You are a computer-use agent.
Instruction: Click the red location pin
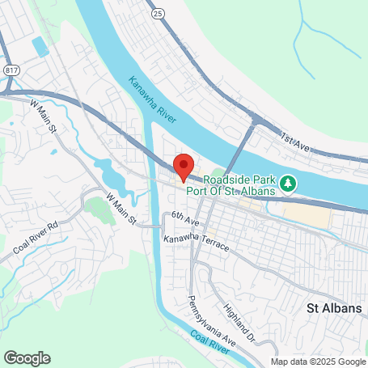click(184, 165)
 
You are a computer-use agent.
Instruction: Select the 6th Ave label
click(184, 218)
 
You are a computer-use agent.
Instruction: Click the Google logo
click(27, 357)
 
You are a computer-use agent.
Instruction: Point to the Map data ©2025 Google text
click(318, 362)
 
